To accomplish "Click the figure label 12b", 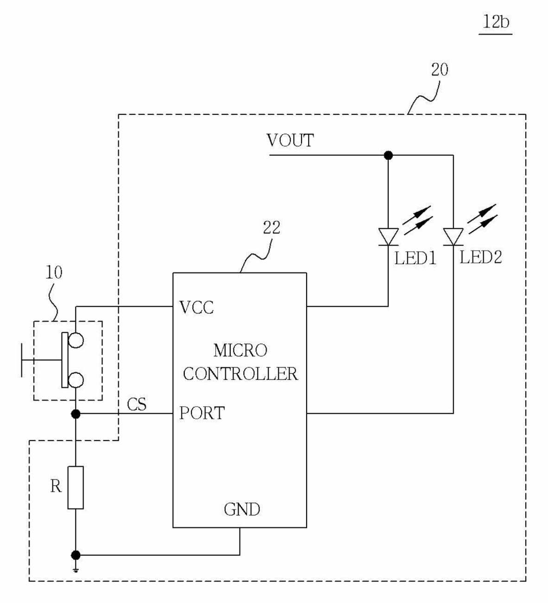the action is [496, 22].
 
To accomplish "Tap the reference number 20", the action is [440, 69].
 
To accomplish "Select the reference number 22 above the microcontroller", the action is [271, 227].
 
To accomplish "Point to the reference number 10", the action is [54, 272].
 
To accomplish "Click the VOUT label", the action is [290, 140].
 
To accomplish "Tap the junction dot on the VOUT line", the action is [388, 156].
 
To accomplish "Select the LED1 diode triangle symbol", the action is [388, 237].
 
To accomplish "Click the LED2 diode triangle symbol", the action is [453, 237].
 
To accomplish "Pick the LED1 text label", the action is [415, 258].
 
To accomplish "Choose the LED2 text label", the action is [481, 258].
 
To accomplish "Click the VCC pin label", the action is [196, 308].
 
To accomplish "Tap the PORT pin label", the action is [202, 413].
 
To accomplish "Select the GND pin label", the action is [242, 509].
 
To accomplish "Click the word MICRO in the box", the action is [240, 350].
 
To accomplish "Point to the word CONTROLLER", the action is [240, 374].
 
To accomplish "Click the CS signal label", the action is [137, 404].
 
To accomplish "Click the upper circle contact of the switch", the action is [76, 340].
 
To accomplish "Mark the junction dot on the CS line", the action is [76, 414].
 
